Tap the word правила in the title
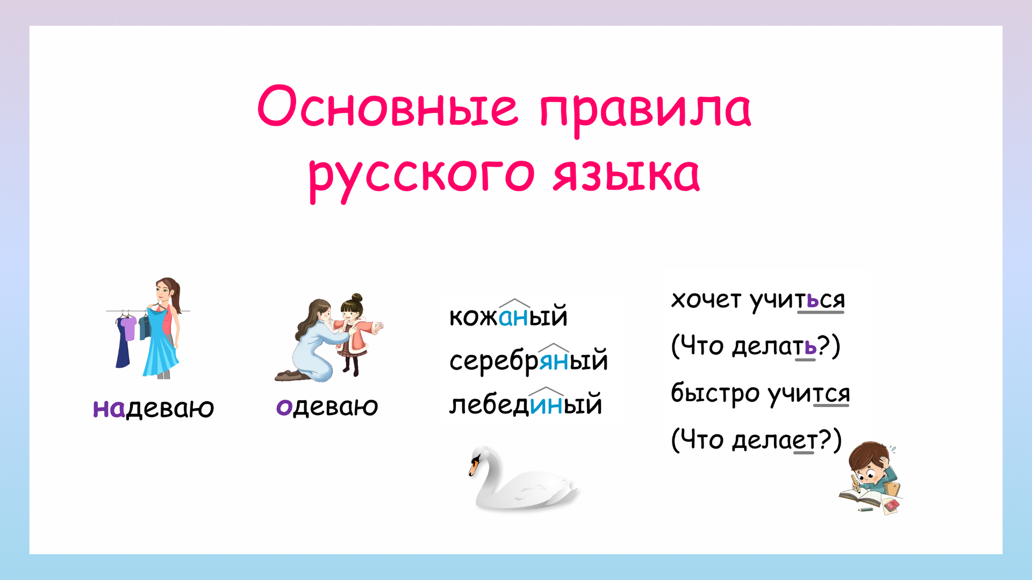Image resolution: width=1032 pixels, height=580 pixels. pos(645,110)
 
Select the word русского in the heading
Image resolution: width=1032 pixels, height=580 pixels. pos(421,175)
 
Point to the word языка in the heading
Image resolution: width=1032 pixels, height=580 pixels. pos(626,175)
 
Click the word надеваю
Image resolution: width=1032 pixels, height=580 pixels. pos(154,408)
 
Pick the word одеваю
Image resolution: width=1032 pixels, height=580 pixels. pos(327,407)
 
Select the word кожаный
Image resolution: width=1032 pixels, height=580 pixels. pos(508,316)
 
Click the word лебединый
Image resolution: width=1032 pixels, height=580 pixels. pos(525,404)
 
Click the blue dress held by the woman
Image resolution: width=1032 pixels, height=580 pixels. pos(160,344)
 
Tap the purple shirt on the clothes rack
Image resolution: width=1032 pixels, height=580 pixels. pos(128,328)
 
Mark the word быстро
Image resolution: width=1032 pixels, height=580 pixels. pos(714,393)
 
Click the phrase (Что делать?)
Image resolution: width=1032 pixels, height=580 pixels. pos(755,346)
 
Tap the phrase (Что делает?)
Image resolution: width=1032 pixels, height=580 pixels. pos(756,440)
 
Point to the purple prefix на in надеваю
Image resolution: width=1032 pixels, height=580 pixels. pos(109,409)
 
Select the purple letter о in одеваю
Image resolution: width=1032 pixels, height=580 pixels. pos(284,407)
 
